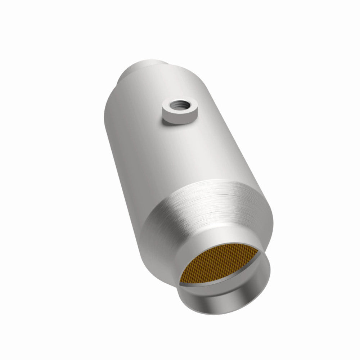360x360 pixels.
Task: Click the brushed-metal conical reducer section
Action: pyautogui.click(x=202, y=209)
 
